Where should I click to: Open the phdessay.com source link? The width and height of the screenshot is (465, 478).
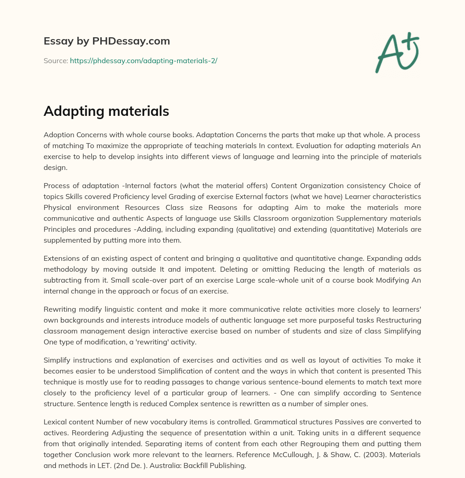[143, 60]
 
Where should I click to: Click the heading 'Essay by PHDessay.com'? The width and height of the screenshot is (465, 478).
[107, 41]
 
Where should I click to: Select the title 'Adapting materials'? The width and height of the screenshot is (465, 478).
[106, 111]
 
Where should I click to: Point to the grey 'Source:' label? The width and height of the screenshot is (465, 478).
[55, 60]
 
